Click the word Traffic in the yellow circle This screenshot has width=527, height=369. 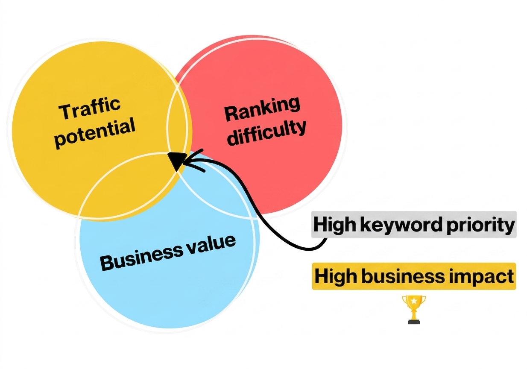click(89, 109)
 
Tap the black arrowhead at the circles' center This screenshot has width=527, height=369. click(177, 160)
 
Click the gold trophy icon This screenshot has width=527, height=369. click(413, 310)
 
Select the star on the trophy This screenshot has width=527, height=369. click(413, 301)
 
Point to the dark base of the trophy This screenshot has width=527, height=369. click(413, 322)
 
